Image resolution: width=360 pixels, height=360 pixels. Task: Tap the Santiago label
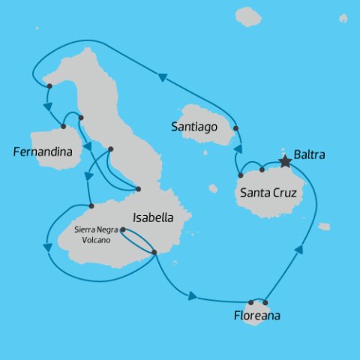tap(193, 127)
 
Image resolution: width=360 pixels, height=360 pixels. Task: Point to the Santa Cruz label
tap(268, 193)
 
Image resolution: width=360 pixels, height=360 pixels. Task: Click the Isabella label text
tap(153, 217)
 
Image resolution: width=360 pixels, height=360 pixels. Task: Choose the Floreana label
tap(256, 316)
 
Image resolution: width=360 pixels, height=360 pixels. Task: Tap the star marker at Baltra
tap(284, 160)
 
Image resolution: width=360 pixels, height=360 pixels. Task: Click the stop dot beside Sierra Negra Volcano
tap(122, 229)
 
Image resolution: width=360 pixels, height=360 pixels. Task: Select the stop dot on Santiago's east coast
tap(235, 128)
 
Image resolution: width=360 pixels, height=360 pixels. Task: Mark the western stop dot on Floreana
tap(250, 302)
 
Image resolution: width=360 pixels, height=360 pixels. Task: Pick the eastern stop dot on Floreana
tap(265, 302)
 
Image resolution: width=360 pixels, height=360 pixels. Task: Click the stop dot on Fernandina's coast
tap(63, 126)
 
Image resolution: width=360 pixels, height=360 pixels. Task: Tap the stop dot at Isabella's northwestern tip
tap(49, 86)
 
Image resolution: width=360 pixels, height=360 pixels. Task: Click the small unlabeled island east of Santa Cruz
tap(323, 226)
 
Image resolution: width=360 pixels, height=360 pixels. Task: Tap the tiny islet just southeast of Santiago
tap(205, 151)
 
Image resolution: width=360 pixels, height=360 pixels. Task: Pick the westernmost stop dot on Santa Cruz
tap(240, 175)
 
